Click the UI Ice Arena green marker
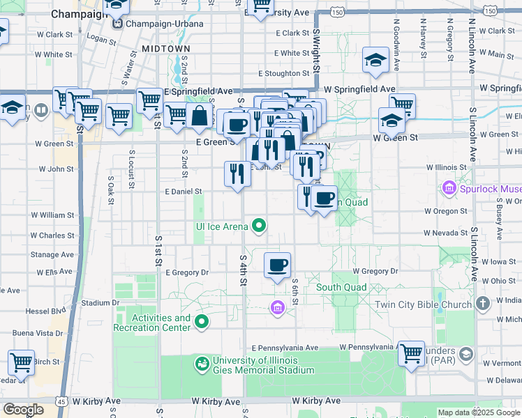pos(260,225)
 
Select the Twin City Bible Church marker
pos(482,304)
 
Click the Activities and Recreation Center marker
pos(202,321)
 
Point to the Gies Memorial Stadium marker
pos(202,363)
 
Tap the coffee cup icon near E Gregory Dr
pos(278,265)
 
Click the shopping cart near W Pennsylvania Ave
pos(412,353)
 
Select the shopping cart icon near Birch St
pos(22,362)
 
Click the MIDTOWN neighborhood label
pos(165,48)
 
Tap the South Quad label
pos(341,287)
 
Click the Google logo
pos(23,409)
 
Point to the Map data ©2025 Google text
pos(478,412)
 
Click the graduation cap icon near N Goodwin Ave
pos(376,61)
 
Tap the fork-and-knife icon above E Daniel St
pos(237,174)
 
